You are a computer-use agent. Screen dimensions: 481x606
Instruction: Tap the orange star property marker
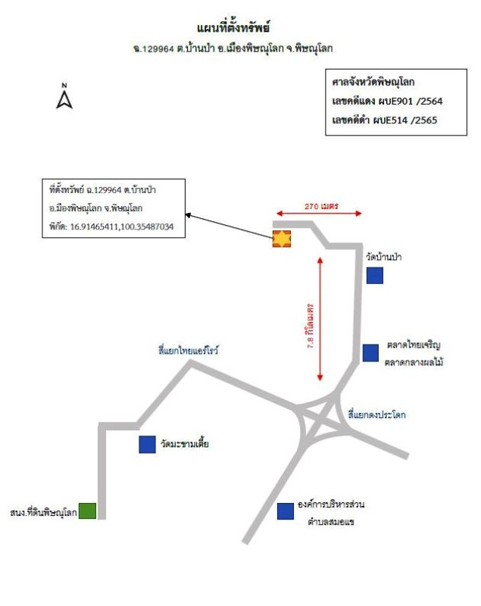tap(282, 239)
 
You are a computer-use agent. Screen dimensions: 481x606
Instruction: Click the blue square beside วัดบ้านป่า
tap(375, 276)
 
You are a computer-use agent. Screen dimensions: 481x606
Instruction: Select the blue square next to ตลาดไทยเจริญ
tap(370, 353)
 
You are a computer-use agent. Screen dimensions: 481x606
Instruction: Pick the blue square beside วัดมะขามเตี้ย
tap(147, 445)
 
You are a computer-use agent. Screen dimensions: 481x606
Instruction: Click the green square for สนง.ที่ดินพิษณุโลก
tap(87, 511)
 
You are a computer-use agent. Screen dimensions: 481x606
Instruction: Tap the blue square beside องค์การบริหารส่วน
tap(286, 511)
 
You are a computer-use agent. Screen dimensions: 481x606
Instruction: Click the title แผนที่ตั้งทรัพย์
tap(233, 28)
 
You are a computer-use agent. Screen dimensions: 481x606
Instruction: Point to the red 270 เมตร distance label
tap(321, 206)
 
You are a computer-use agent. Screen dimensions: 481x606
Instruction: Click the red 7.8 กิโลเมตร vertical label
tap(311, 326)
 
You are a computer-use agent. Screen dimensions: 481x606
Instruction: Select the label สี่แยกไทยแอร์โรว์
tap(189, 351)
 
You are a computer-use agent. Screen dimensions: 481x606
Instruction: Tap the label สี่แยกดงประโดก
tap(376, 415)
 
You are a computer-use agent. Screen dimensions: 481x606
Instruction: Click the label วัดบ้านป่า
tap(383, 257)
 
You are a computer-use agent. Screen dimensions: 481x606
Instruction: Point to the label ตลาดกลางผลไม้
tap(414, 363)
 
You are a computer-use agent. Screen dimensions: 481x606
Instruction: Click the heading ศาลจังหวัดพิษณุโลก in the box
tap(373, 83)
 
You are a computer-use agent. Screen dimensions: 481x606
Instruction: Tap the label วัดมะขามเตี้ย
tap(185, 444)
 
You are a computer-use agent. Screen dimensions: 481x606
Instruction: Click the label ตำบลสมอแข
tap(331, 522)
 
